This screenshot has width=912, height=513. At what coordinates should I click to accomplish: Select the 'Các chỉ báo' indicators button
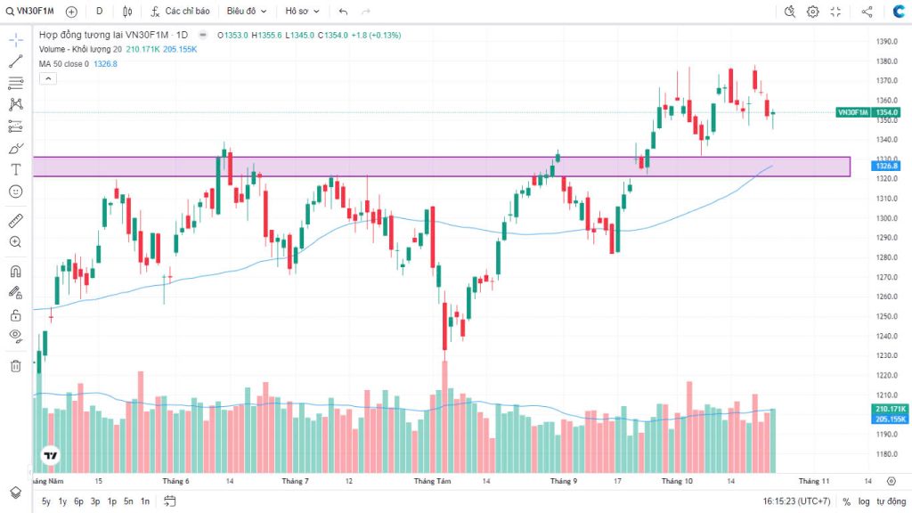coord(181,12)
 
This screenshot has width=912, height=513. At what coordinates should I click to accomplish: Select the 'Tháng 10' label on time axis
coord(677,481)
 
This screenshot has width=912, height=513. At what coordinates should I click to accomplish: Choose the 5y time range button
coord(46,501)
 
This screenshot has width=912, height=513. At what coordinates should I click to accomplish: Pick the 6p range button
coord(78,501)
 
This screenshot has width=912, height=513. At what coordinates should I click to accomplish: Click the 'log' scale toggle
coord(863,501)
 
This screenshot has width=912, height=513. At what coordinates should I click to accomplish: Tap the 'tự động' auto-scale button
coord(890,501)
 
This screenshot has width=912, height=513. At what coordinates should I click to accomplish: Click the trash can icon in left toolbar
coord(15,365)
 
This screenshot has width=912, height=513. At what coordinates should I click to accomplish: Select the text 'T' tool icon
coord(15,169)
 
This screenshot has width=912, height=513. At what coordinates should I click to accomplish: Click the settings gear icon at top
coord(813,12)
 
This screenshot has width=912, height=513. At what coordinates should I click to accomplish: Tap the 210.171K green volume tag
coord(890,409)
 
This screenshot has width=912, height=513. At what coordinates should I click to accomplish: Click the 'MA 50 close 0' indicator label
coord(63,63)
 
